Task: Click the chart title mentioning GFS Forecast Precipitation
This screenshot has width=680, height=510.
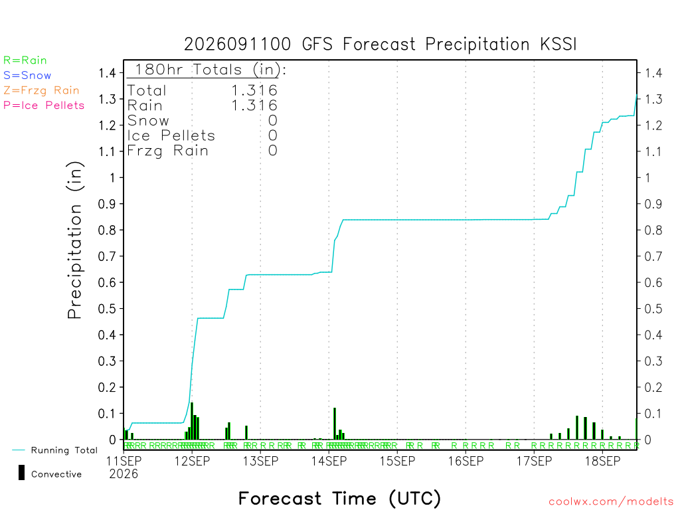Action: pos(381,44)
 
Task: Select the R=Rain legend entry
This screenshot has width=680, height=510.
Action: pos(25,60)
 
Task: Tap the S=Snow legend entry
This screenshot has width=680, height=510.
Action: pos(27,76)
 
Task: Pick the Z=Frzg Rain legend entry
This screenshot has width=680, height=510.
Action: pos(42,90)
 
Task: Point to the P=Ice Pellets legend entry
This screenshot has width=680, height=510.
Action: pos(44,106)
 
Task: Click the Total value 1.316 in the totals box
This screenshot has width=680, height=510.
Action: pos(254,90)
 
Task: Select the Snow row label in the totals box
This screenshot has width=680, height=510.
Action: pos(148,120)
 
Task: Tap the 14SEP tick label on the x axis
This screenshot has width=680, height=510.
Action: pos(329,461)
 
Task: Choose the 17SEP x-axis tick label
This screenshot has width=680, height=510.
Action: pos(535,461)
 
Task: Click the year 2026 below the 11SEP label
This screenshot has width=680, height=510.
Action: pos(124,474)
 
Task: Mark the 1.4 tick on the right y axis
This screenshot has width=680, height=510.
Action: pos(653,73)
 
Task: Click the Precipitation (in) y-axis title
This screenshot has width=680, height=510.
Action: pos(74,240)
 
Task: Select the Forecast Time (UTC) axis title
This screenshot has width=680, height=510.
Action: pos(339,498)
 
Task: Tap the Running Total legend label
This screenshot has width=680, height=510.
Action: pos(64,450)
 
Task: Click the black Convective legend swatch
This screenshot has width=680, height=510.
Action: pos(21,473)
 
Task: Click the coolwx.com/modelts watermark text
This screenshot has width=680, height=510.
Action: pos(611,502)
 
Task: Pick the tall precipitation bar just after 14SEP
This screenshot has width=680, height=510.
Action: pos(335,424)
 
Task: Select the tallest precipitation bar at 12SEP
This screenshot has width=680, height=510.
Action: pos(192,421)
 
